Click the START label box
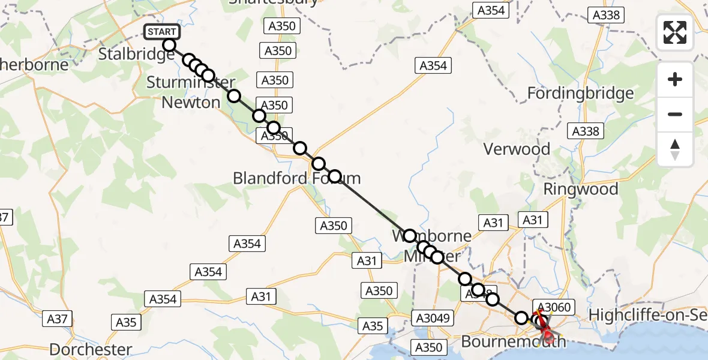[162, 32]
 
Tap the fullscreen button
[675, 32]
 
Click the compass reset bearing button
[675, 149]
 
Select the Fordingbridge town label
[580, 94]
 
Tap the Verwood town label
[516, 149]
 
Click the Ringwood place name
[580, 189]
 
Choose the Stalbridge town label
[136, 54]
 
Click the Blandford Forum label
[296, 178]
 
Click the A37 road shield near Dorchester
[58, 319]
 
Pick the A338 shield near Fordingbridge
[586, 131]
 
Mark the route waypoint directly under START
[169, 45]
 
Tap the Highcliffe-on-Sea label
[648, 315]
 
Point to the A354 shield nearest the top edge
[490, 10]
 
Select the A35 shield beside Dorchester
[126, 322]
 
